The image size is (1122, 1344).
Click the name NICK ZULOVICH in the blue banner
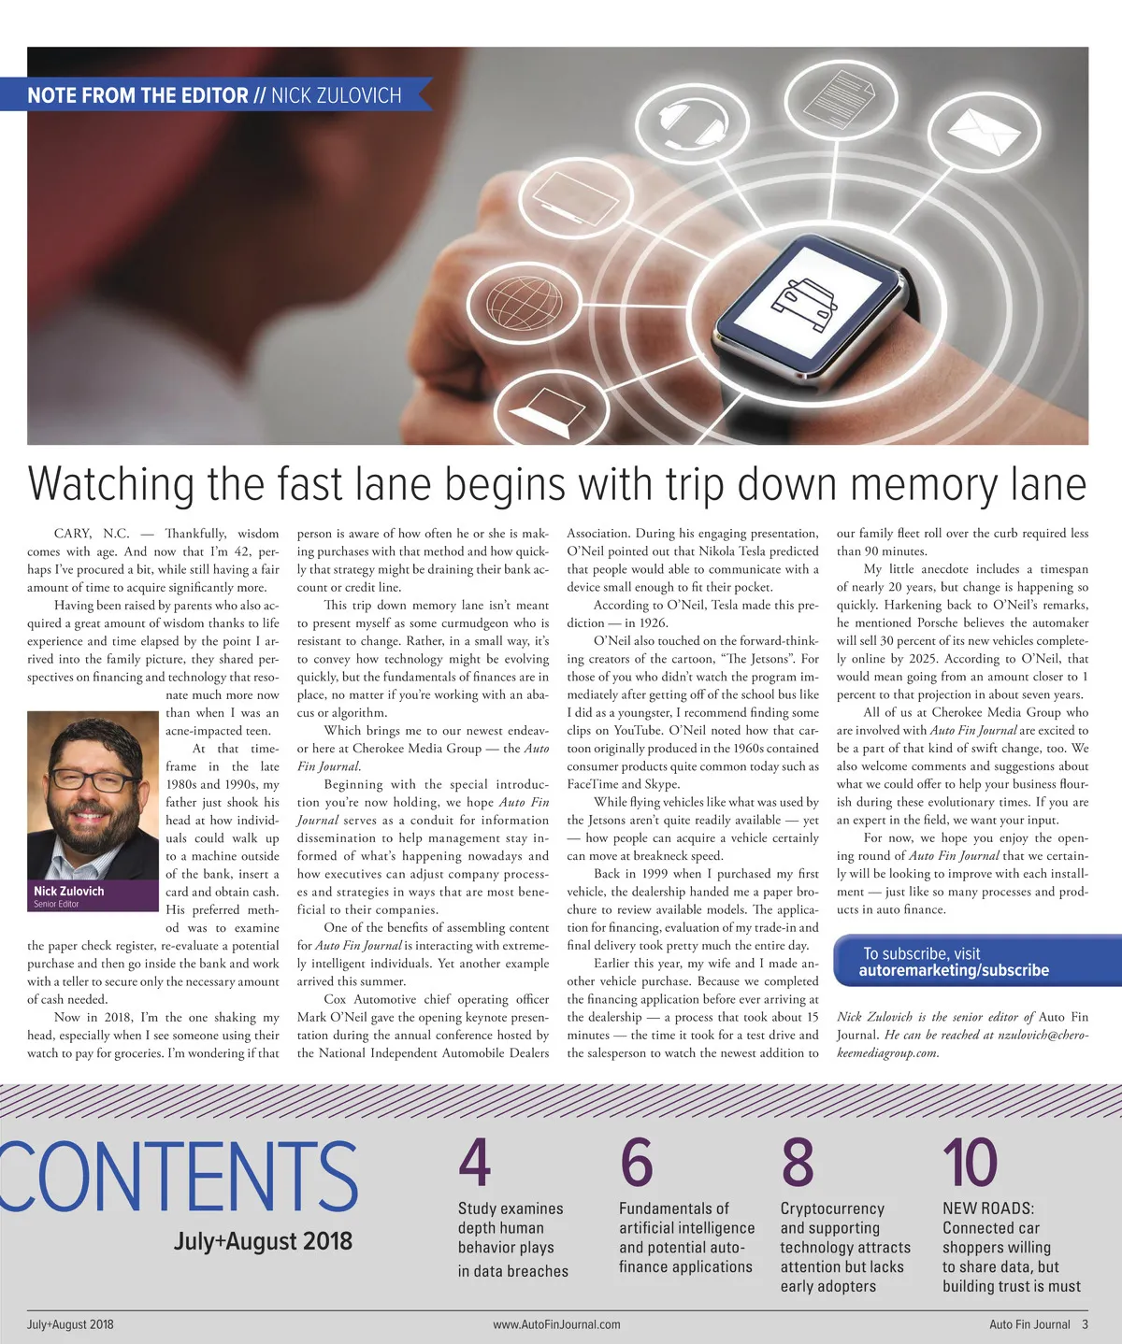click(x=336, y=95)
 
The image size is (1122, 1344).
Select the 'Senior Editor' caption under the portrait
click(x=56, y=904)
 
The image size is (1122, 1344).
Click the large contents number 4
click(x=475, y=1162)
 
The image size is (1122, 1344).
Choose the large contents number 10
click(x=970, y=1162)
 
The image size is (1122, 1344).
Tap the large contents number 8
click(x=798, y=1162)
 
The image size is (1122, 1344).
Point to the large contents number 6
click(x=636, y=1162)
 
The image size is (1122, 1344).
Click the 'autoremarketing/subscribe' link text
click(x=954, y=970)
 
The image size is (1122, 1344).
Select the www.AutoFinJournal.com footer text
click(x=556, y=1324)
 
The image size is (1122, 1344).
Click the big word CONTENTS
click(x=178, y=1175)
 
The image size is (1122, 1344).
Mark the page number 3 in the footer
click(x=1085, y=1324)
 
